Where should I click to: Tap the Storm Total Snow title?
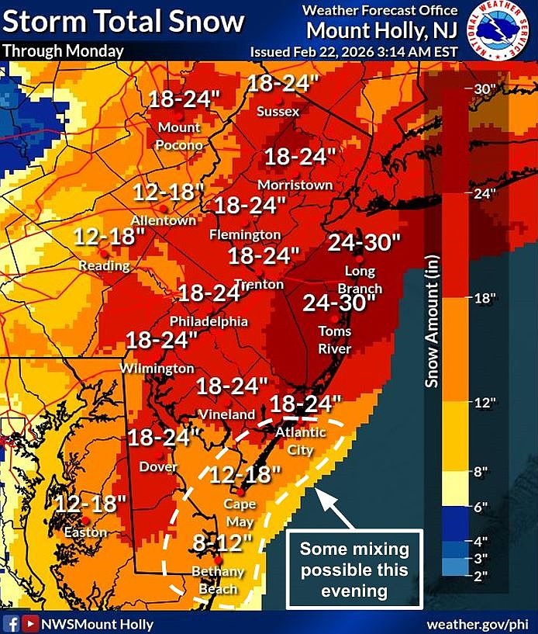point(123,21)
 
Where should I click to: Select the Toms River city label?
point(335,340)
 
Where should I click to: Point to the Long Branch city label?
point(360,280)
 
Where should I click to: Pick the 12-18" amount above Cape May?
point(244,473)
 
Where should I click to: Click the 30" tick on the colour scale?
point(484,88)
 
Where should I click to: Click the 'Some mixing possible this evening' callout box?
point(354,569)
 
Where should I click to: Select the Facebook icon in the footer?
point(12,623)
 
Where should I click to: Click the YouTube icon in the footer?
point(30,623)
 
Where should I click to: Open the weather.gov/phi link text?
point(477,624)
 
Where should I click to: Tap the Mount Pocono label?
point(180,136)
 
